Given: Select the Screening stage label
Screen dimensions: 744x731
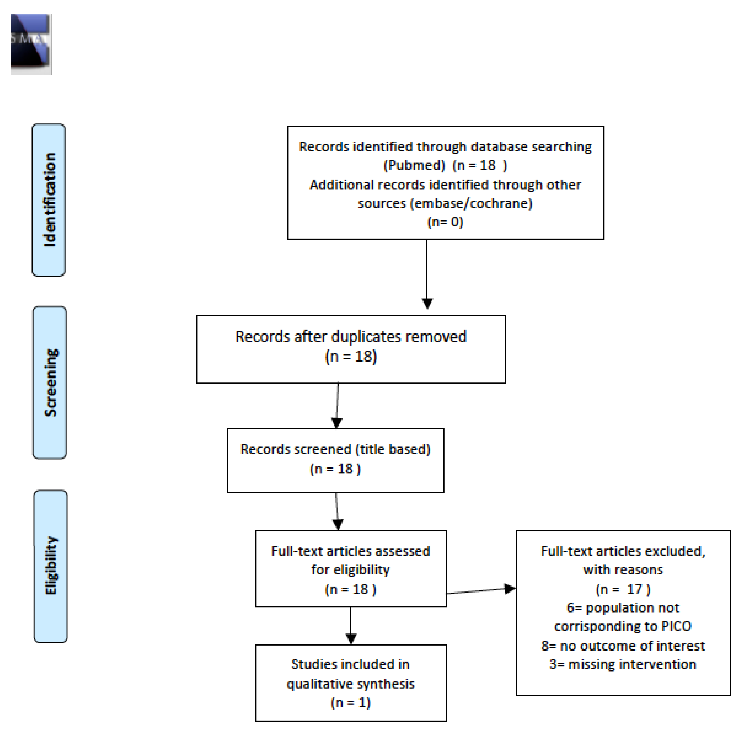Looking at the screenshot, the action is pyautogui.click(x=50, y=382).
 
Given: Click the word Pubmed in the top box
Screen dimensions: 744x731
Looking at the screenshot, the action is pyautogui.click(x=414, y=165).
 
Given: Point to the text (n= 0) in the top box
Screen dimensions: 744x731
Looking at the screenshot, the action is pyautogui.click(x=445, y=222).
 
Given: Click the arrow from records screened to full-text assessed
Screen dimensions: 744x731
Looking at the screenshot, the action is pyautogui.click(x=337, y=511).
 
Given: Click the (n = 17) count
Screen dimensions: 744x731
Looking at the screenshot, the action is pyautogui.click(x=623, y=589).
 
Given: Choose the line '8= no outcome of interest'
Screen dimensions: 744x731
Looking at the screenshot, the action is pyautogui.click(x=623, y=646).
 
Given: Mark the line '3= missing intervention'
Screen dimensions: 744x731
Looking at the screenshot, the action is pyautogui.click(x=623, y=664).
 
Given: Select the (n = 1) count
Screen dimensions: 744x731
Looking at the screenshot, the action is pyautogui.click(x=350, y=702).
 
